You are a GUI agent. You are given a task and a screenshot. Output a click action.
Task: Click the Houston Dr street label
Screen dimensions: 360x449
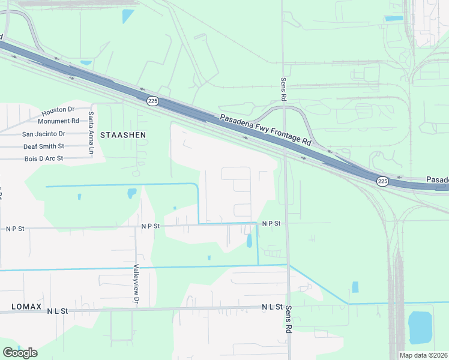[58, 110]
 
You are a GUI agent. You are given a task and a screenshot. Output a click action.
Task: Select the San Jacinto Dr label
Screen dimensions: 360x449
[43, 134]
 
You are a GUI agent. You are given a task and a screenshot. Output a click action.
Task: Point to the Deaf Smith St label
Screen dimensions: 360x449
[43, 146]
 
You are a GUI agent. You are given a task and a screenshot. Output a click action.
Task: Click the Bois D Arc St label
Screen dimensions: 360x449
[43, 158]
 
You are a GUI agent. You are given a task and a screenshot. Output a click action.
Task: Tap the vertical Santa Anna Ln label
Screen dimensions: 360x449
[91, 133]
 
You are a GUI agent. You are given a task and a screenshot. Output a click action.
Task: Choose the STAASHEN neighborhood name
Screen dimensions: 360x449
[122, 135]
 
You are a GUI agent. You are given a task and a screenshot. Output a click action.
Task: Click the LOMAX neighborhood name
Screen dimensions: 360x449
[27, 307]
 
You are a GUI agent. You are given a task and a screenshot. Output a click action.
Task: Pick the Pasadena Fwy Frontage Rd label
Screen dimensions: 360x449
[265, 130]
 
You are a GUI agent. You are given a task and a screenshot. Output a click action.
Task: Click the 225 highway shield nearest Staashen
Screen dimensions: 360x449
[152, 101]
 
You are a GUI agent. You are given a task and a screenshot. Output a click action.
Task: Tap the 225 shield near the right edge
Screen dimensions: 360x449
[382, 181]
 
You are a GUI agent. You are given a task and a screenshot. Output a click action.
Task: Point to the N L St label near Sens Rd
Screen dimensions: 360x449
[271, 307]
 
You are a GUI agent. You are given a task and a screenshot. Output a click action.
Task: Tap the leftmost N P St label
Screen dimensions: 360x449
[15, 229]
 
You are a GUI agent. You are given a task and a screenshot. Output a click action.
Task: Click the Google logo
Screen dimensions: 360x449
[20, 352]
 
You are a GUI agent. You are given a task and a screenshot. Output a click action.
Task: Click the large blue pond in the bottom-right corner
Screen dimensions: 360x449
[420, 327]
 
